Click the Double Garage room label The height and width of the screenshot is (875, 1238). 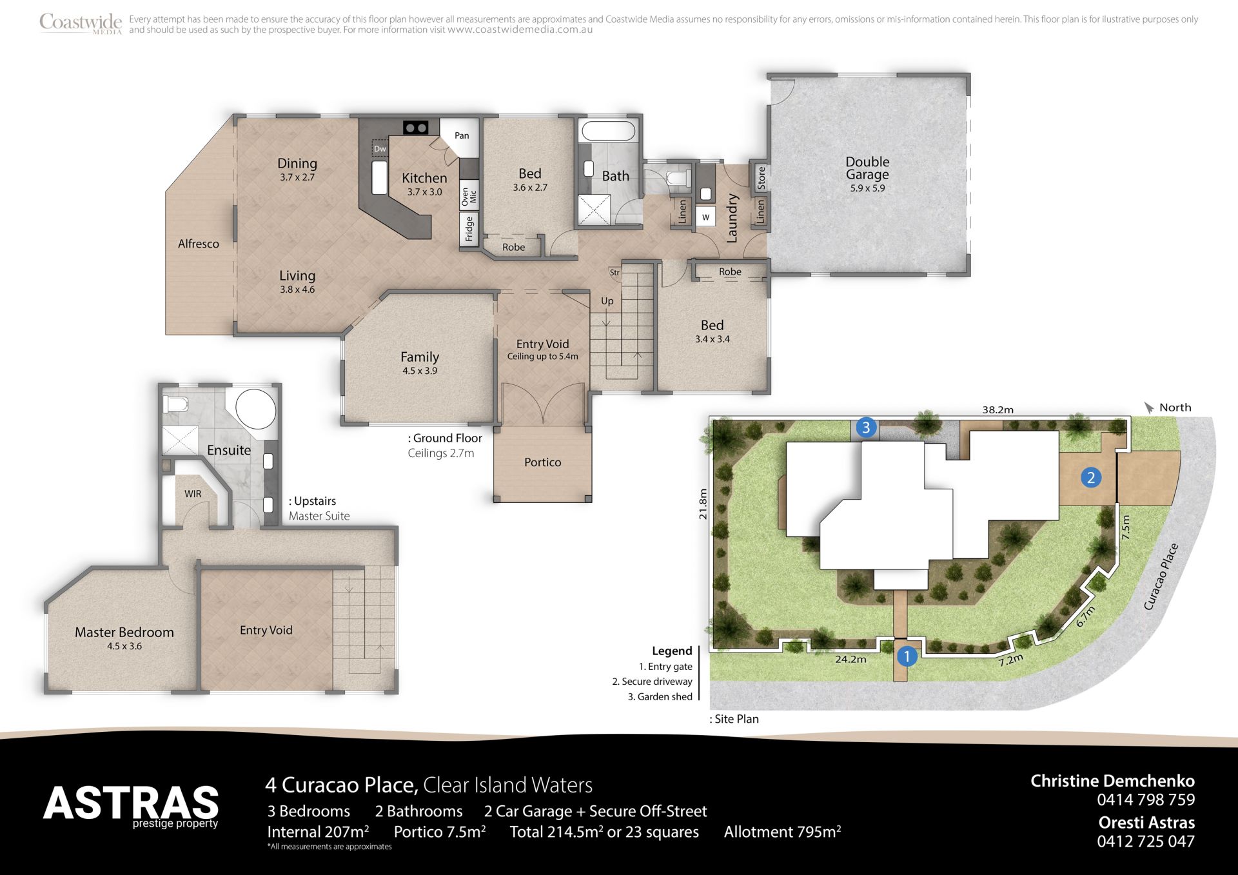pos(867,168)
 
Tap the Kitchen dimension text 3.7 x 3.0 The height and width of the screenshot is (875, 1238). pos(424,192)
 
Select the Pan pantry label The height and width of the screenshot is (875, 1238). pos(462,135)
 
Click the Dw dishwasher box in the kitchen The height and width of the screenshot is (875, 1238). pos(380,149)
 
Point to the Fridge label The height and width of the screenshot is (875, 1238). pos(469,230)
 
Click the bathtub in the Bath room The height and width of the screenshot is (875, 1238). pos(608,132)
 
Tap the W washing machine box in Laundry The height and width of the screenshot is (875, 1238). pos(706,217)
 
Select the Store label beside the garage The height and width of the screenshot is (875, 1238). pos(761,178)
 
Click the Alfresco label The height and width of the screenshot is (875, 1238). pos(199,244)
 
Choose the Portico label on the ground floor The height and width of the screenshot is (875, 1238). pos(543,462)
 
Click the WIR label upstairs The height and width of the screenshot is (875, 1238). pos(193,494)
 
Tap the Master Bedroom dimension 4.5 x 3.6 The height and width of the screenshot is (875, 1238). pos(124,646)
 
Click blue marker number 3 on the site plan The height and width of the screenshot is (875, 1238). pos(866,427)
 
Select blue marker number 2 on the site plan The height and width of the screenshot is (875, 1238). pos(1091,478)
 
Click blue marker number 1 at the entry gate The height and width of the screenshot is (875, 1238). pos(907,656)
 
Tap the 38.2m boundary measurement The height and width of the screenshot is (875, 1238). pos(997,409)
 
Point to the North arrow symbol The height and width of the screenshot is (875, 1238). pos(1149,408)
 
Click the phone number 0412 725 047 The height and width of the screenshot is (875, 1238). pos(1146,841)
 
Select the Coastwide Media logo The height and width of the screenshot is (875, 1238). pos(81,23)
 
